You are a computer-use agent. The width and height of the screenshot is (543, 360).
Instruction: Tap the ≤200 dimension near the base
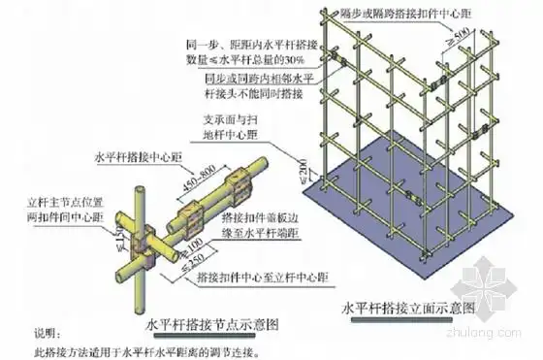[x=308, y=180]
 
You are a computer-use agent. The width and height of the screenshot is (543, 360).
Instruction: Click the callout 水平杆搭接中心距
[x=133, y=153]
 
